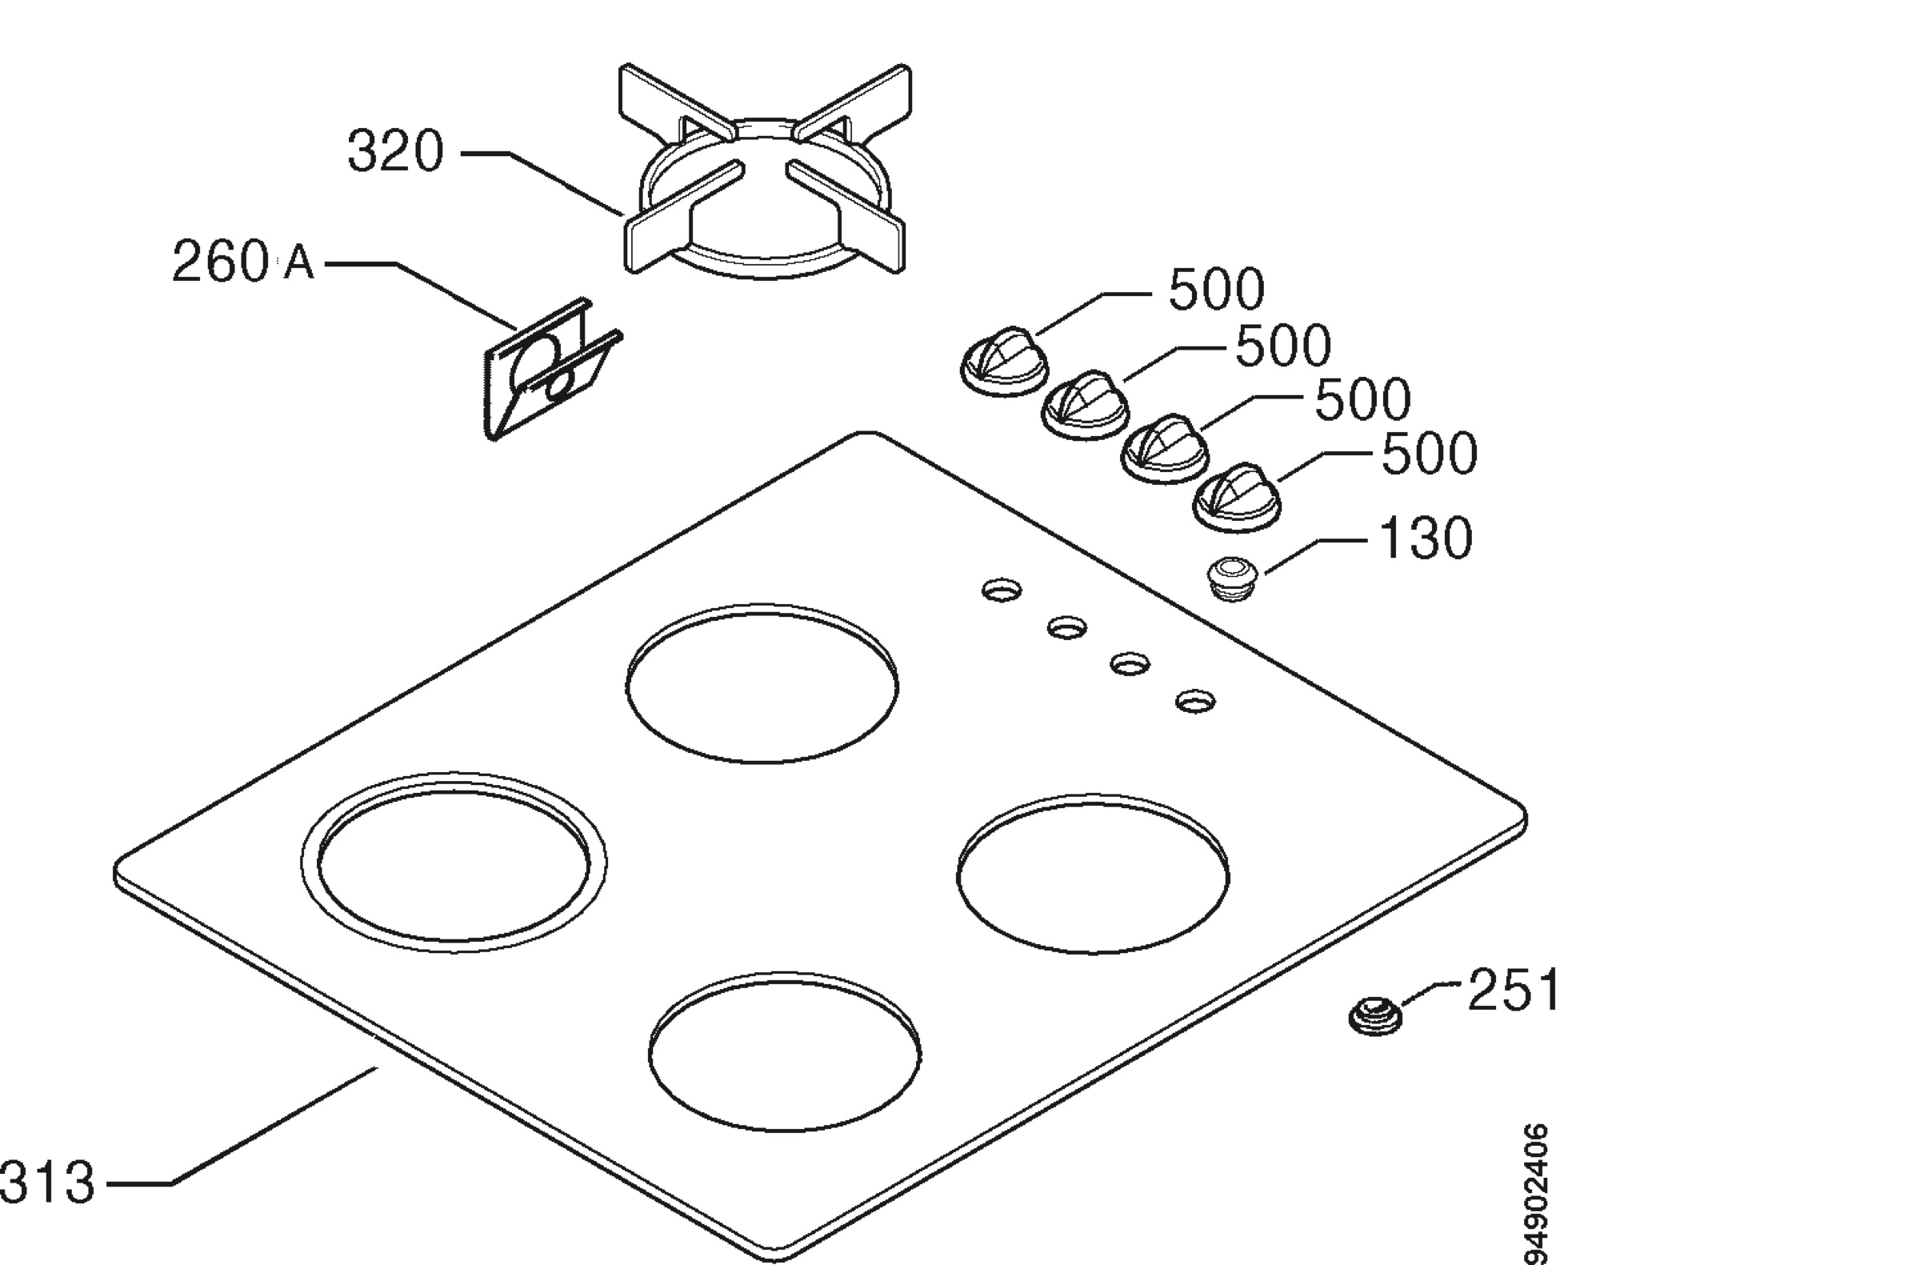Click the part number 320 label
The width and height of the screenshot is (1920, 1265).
coord(395,152)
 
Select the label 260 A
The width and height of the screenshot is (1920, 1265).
coord(243,262)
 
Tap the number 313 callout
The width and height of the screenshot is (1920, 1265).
coord(46,1182)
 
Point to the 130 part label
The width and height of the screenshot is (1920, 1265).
coord(1426,538)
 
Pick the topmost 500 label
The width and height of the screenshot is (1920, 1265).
coord(1217,290)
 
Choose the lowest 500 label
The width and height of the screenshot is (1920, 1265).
coord(1430,454)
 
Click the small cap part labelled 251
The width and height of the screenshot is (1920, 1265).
coord(1375,1015)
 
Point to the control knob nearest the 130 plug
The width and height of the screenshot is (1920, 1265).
coord(1237,498)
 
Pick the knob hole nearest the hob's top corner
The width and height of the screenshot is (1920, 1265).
coord(1002,590)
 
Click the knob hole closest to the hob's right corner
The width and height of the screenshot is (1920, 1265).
coord(1194,700)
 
